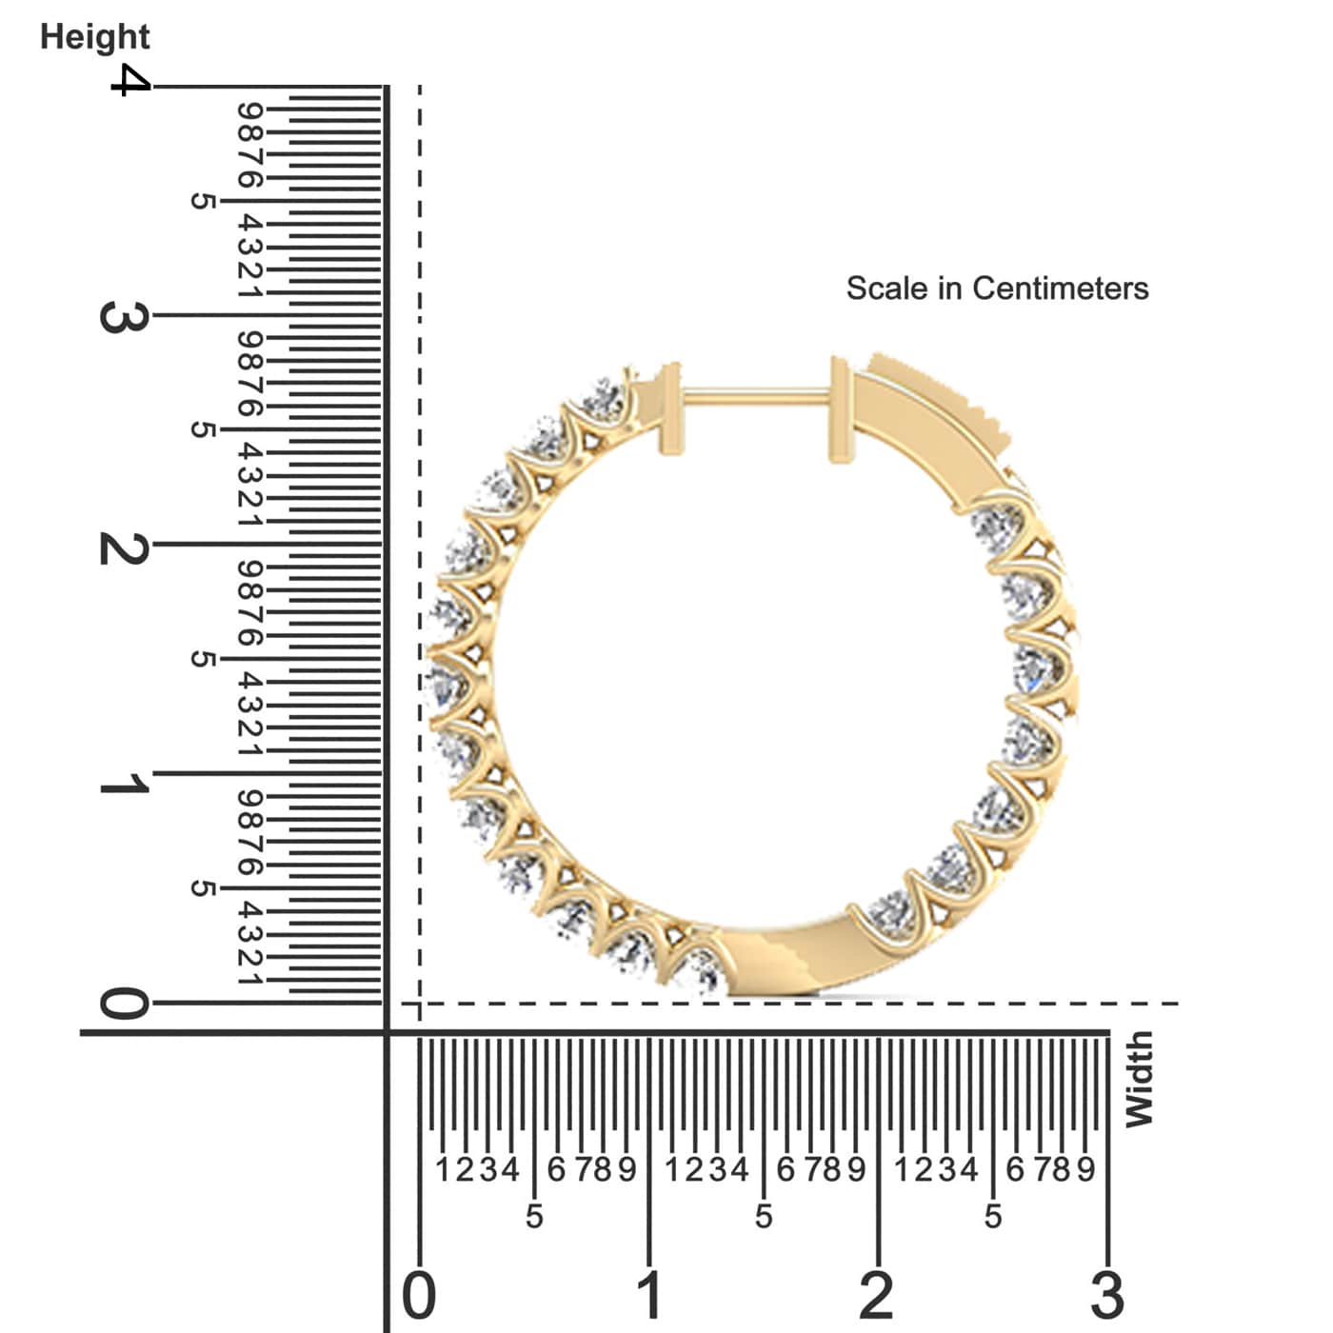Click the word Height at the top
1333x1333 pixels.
pos(94,37)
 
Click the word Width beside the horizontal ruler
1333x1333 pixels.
pos(1139,1080)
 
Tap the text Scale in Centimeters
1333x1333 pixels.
pos(997,288)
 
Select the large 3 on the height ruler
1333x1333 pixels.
pos(123,316)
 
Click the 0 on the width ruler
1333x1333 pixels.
pos(419,1296)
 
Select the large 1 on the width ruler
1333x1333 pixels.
pos(649,1296)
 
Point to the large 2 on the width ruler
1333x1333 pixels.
pos(877,1296)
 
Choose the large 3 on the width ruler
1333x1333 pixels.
pos(1107,1296)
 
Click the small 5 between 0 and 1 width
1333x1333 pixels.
pos(534,1217)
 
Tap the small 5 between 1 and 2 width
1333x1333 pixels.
pos(764,1217)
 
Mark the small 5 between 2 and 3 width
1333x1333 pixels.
pos(993,1217)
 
